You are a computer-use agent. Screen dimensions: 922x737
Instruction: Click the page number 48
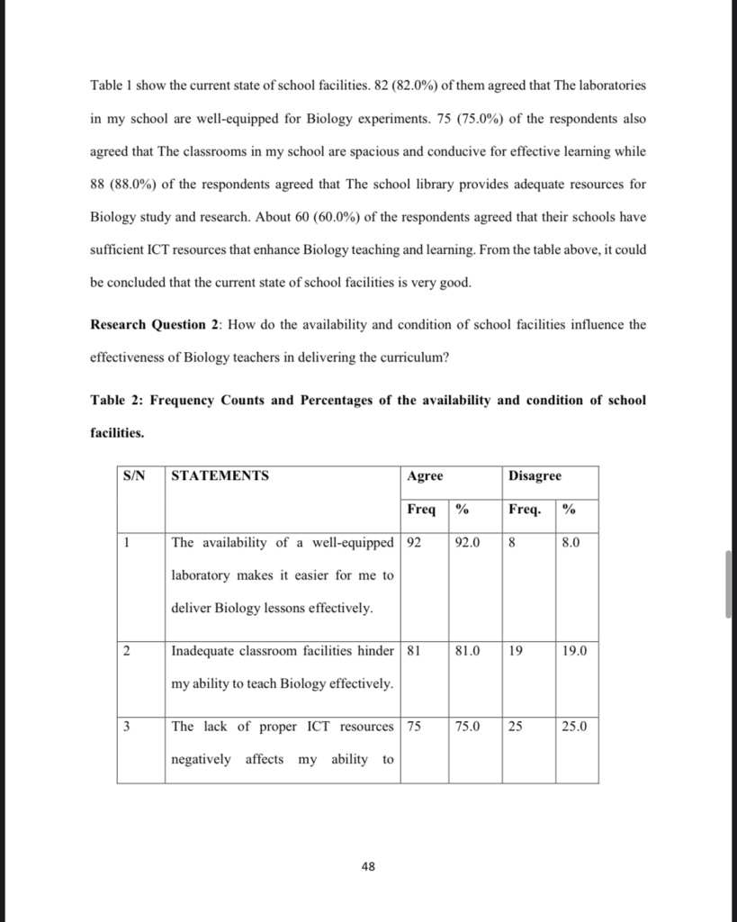pos(368,866)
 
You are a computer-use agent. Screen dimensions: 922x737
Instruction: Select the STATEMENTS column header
pos(220,475)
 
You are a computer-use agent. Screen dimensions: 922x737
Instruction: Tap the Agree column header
pos(425,475)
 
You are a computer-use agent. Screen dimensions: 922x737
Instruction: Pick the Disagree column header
pos(535,475)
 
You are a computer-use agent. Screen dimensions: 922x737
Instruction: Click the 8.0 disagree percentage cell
pos(571,543)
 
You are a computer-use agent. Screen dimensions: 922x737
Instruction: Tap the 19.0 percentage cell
pos(574,650)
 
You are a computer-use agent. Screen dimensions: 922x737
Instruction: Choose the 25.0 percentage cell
pos(574,727)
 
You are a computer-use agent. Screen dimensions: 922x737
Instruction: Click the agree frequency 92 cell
pos(415,543)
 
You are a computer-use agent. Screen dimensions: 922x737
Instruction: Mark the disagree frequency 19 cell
pos(516,650)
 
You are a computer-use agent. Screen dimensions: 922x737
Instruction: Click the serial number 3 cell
pos(127,727)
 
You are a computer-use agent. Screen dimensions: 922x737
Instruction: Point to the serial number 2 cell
pos(127,650)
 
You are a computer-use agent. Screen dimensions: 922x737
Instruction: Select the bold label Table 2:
pos(117,400)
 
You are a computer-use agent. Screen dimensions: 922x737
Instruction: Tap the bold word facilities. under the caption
pos(118,433)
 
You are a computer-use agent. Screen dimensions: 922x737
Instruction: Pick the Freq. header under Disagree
pos(525,510)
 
